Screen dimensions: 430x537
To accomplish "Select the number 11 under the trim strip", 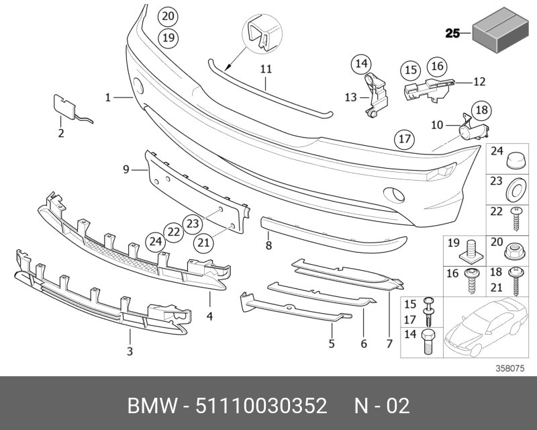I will coord(266,69).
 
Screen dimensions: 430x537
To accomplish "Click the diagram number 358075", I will coord(510,368).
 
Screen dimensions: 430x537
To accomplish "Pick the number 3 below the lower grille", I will coord(130,351).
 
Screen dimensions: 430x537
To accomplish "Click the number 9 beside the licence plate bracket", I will coord(125,170).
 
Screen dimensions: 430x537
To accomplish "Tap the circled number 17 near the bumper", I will coord(403,140).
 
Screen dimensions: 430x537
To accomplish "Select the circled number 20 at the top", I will coord(168,15).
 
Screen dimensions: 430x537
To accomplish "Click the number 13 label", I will coord(350,97).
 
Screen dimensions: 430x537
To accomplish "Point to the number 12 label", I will coord(479,82).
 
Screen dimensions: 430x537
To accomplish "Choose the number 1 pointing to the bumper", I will coord(107,97).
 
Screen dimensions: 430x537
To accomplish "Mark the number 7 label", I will coord(389,345).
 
